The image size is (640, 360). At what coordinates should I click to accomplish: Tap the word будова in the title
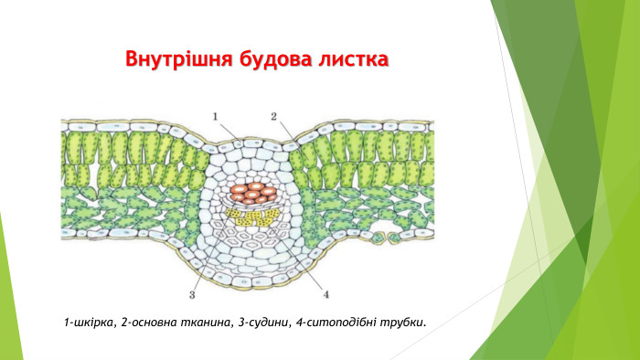pyautogui.click(x=275, y=60)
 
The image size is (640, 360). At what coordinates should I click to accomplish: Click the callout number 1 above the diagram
pyautogui.click(x=216, y=116)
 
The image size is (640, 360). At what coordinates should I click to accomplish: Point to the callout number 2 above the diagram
pyautogui.click(x=273, y=116)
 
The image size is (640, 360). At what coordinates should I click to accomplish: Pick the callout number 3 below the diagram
pyautogui.click(x=192, y=294)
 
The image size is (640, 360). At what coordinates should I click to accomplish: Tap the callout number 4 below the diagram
pyautogui.click(x=325, y=294)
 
